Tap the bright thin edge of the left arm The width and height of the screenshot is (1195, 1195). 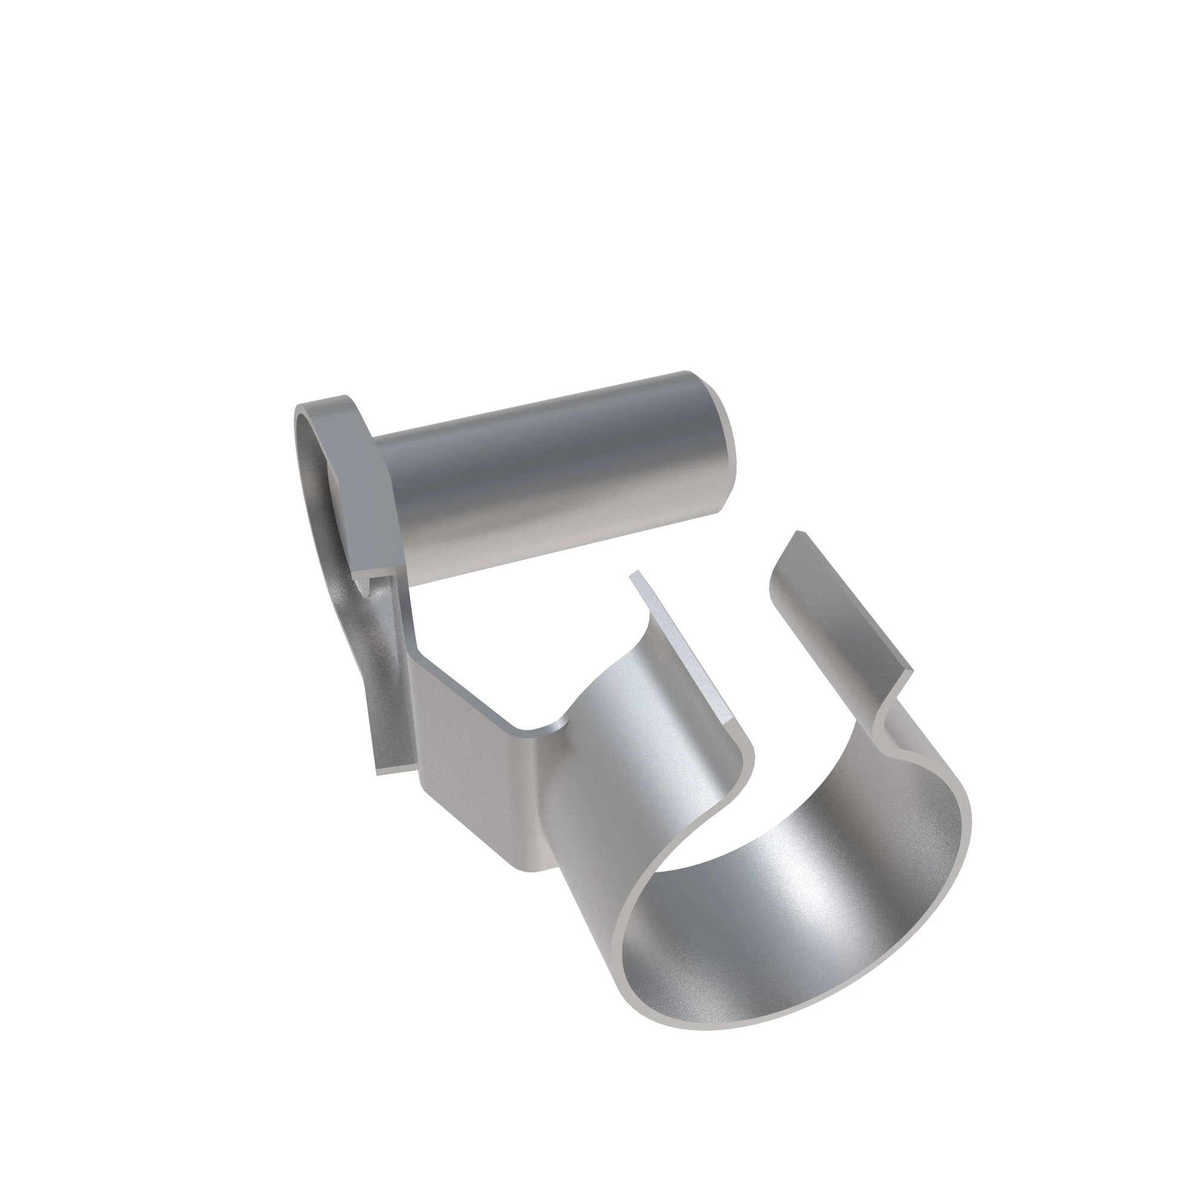(x=687, y=649)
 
